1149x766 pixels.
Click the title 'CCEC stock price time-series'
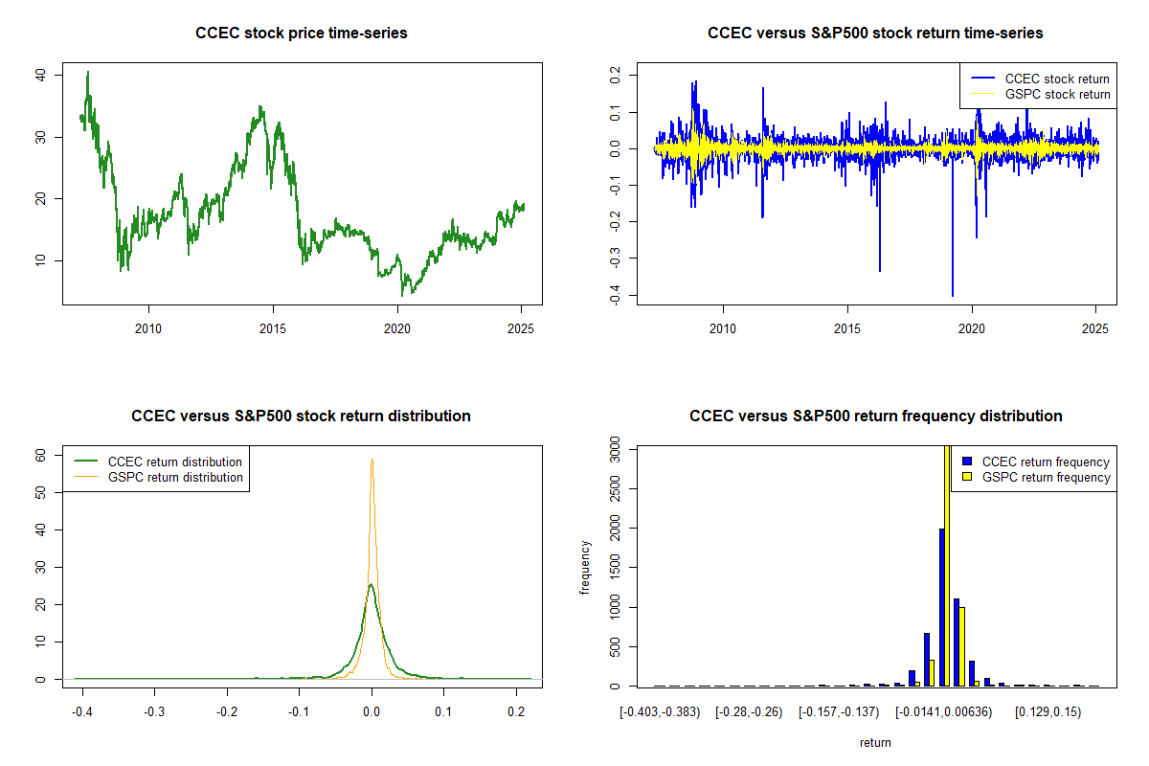pyautogui.click(x=302, y=34)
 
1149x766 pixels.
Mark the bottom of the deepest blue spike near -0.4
pyautogui.click(x=953, y=296)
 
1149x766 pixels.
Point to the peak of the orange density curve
pyautogui.click(x=372, y=460)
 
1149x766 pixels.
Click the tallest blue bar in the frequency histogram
pyautogui.click(x=942, y=607)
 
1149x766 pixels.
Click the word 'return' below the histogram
pyautogui.click(x=875, y=742)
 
